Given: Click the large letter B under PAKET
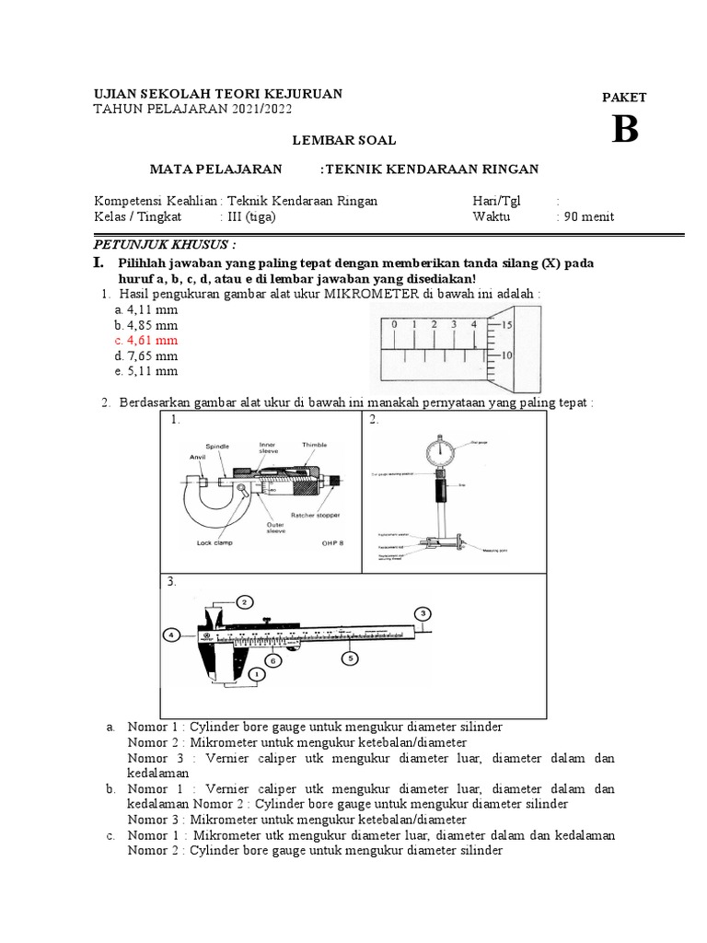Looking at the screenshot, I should point(624,130).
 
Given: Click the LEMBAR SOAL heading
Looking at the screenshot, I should point(344,140).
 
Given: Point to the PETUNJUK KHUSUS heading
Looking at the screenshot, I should point(166,246).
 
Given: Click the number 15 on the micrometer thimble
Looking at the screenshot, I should point(506,325).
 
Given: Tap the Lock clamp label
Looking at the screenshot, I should point(214,543).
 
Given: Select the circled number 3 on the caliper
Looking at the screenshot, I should point(423,613).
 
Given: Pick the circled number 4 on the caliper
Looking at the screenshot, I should point(172,634).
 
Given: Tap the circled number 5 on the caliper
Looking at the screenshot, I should point(349,658).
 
